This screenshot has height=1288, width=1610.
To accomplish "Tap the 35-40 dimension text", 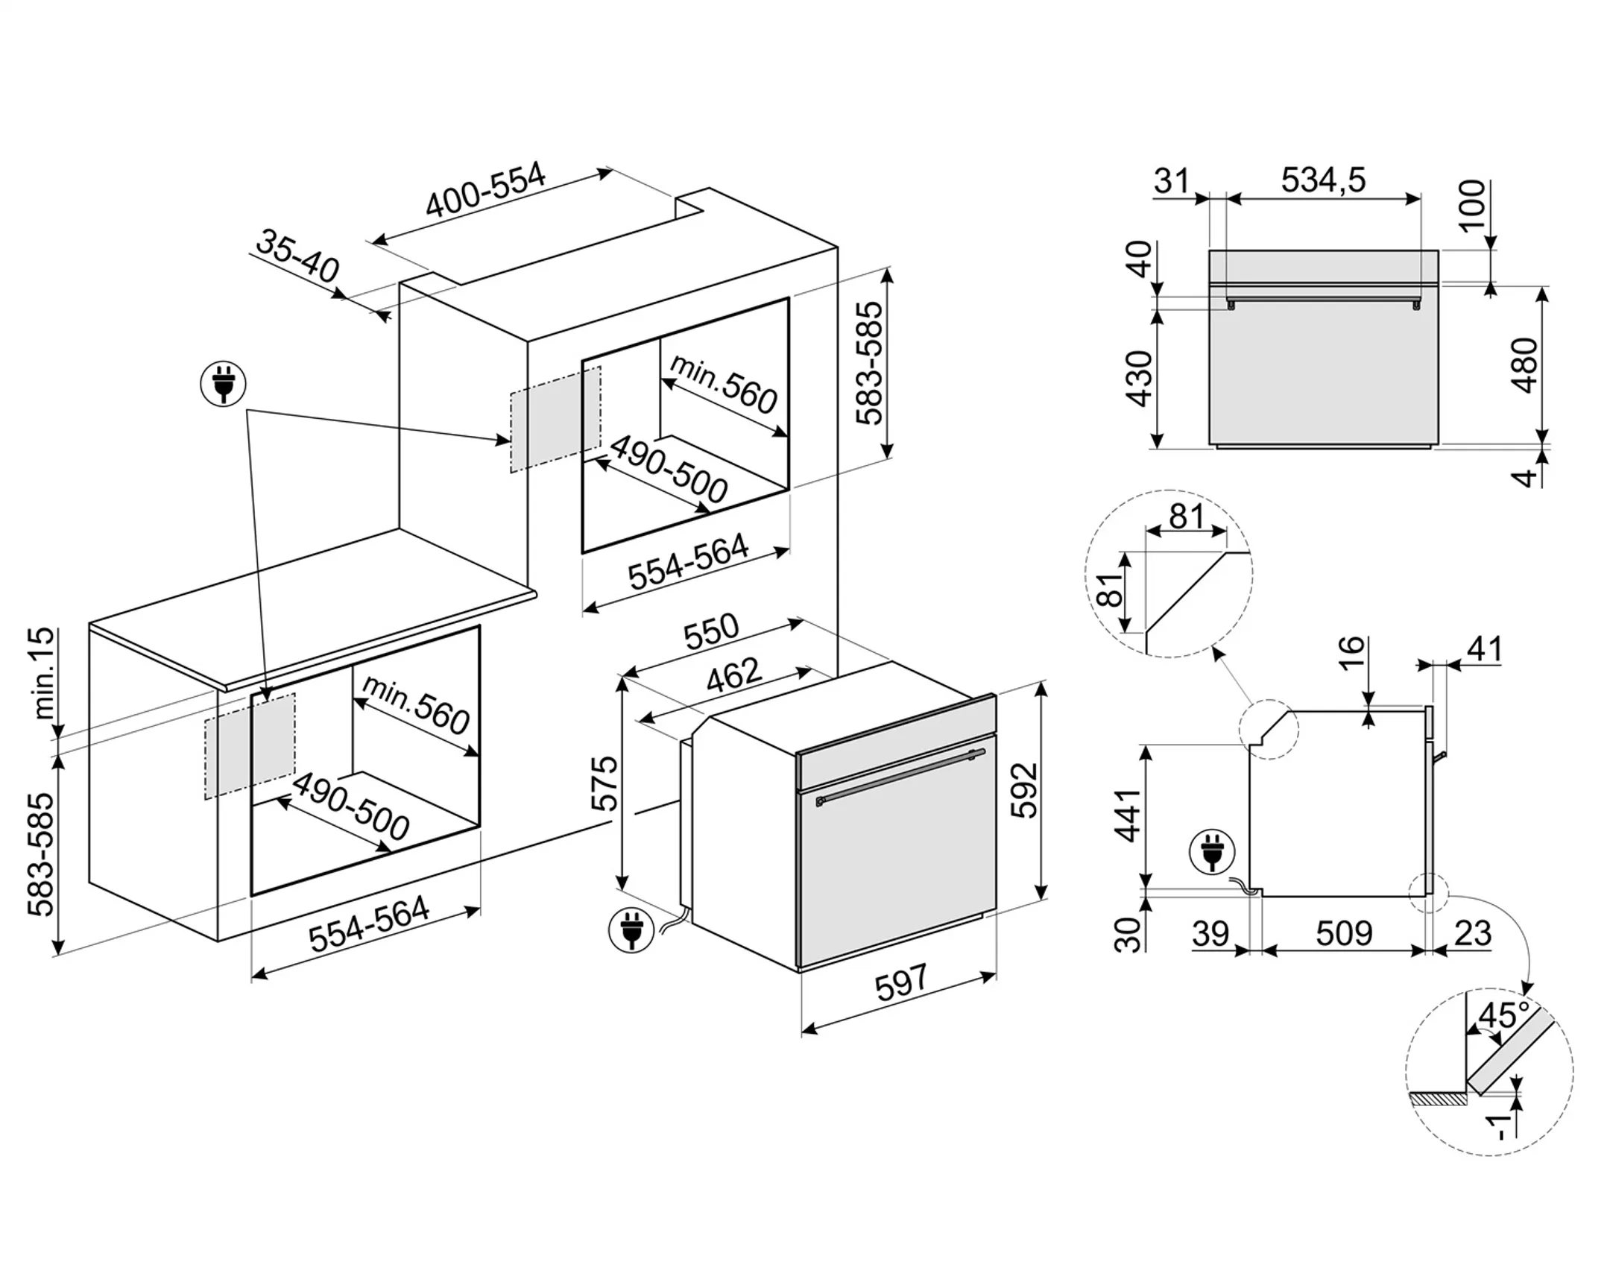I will (297, 256).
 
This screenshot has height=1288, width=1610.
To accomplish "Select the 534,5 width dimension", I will (1323, 180).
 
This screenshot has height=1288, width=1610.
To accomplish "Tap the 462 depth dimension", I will (733, 675).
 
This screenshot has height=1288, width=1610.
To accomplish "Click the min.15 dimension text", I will (45, 673).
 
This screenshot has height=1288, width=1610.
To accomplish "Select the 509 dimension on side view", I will (1343, 933).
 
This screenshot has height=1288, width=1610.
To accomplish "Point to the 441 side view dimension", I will (1128, 815).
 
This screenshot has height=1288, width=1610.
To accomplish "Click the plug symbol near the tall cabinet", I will (224, 384).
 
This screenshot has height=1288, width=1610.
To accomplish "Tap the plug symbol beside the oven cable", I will (632, 929).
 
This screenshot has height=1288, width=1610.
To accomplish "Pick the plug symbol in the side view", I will (1213, 852).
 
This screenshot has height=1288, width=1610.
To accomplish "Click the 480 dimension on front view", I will (1524, 365).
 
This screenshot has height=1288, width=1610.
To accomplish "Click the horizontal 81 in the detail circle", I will (1187, 515).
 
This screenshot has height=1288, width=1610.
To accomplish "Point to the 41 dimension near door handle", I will (1484, 650).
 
